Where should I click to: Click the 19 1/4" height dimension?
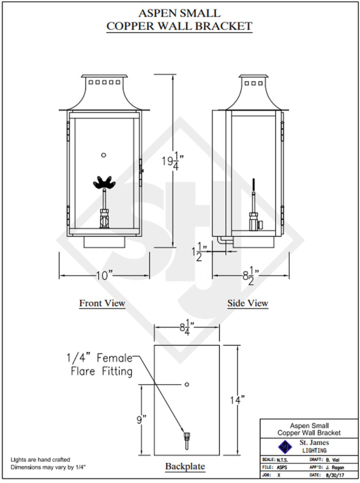173,161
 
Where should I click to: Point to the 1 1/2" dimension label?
200,252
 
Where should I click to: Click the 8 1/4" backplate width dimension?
187,327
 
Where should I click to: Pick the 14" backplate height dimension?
237,400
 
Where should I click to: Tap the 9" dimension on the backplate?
141,419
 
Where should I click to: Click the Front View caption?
102,303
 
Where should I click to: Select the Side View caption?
248,303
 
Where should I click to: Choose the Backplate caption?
185,466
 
